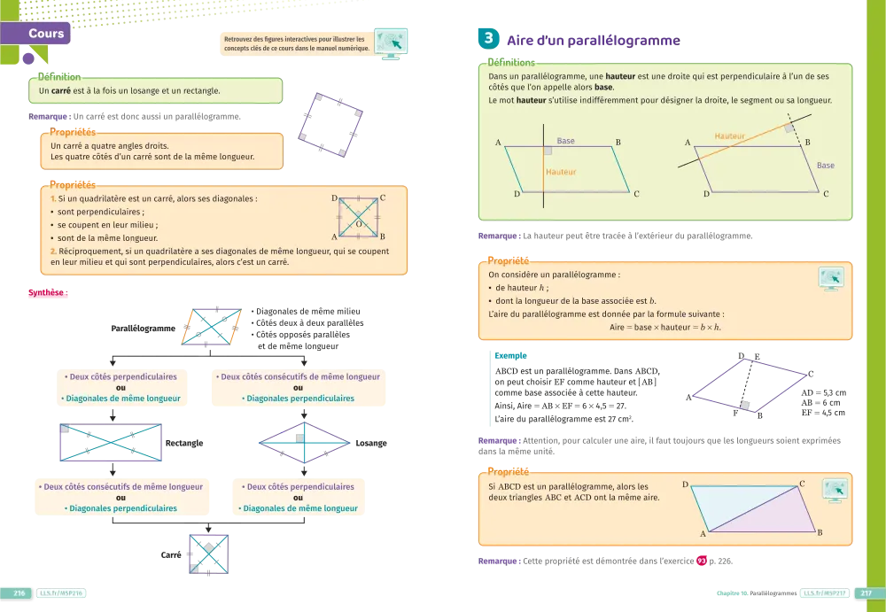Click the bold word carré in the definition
(61, 90)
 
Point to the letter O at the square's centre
(359, 225)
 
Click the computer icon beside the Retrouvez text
(390, 43)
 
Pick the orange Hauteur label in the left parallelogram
(561, 172)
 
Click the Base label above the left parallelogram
(565, 142)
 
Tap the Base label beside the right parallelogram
(825, 166)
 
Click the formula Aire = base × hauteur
(665, 327)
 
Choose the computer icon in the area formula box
(830, 278)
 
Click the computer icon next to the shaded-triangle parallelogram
(835, 490)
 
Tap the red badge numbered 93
(702, 560)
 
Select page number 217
(867, 593)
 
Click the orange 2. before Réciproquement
(53, 252)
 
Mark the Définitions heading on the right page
(511, 63)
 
